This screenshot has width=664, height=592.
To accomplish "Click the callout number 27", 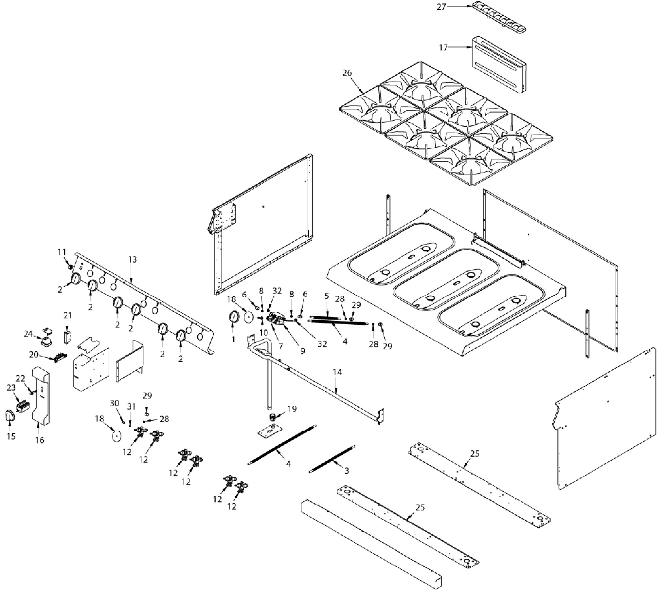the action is coord(441,7).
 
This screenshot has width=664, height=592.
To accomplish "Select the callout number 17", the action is coord(443,48).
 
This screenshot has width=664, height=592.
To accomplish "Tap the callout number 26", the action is coord(347,73).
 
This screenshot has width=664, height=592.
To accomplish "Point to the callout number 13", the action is coord(133,259).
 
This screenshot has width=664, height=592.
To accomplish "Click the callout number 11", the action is coord(62,252).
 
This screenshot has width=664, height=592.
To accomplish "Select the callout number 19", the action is coord(292,409).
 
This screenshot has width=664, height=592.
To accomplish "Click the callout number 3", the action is coord(347,471).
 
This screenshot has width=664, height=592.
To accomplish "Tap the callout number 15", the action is coord(11,436).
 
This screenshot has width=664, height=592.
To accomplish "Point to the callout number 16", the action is coord(40,440).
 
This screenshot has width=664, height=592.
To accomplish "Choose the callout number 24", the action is coord(28,334).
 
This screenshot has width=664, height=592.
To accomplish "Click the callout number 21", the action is coord(68,315).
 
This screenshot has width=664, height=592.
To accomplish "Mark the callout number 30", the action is coord(115,403).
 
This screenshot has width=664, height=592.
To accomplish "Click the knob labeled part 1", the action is coord(234,317).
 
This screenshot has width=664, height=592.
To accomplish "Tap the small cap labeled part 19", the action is coord(271,417).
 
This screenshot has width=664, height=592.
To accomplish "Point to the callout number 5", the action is coord(327,296).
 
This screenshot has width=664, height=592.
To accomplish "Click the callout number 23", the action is coord(11,388).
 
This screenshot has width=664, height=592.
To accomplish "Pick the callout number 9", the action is coord(303,351).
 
